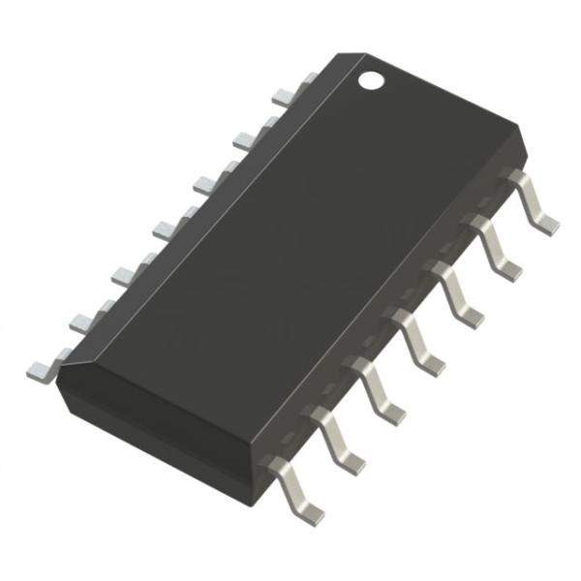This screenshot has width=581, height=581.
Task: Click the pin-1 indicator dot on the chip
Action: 371,79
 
